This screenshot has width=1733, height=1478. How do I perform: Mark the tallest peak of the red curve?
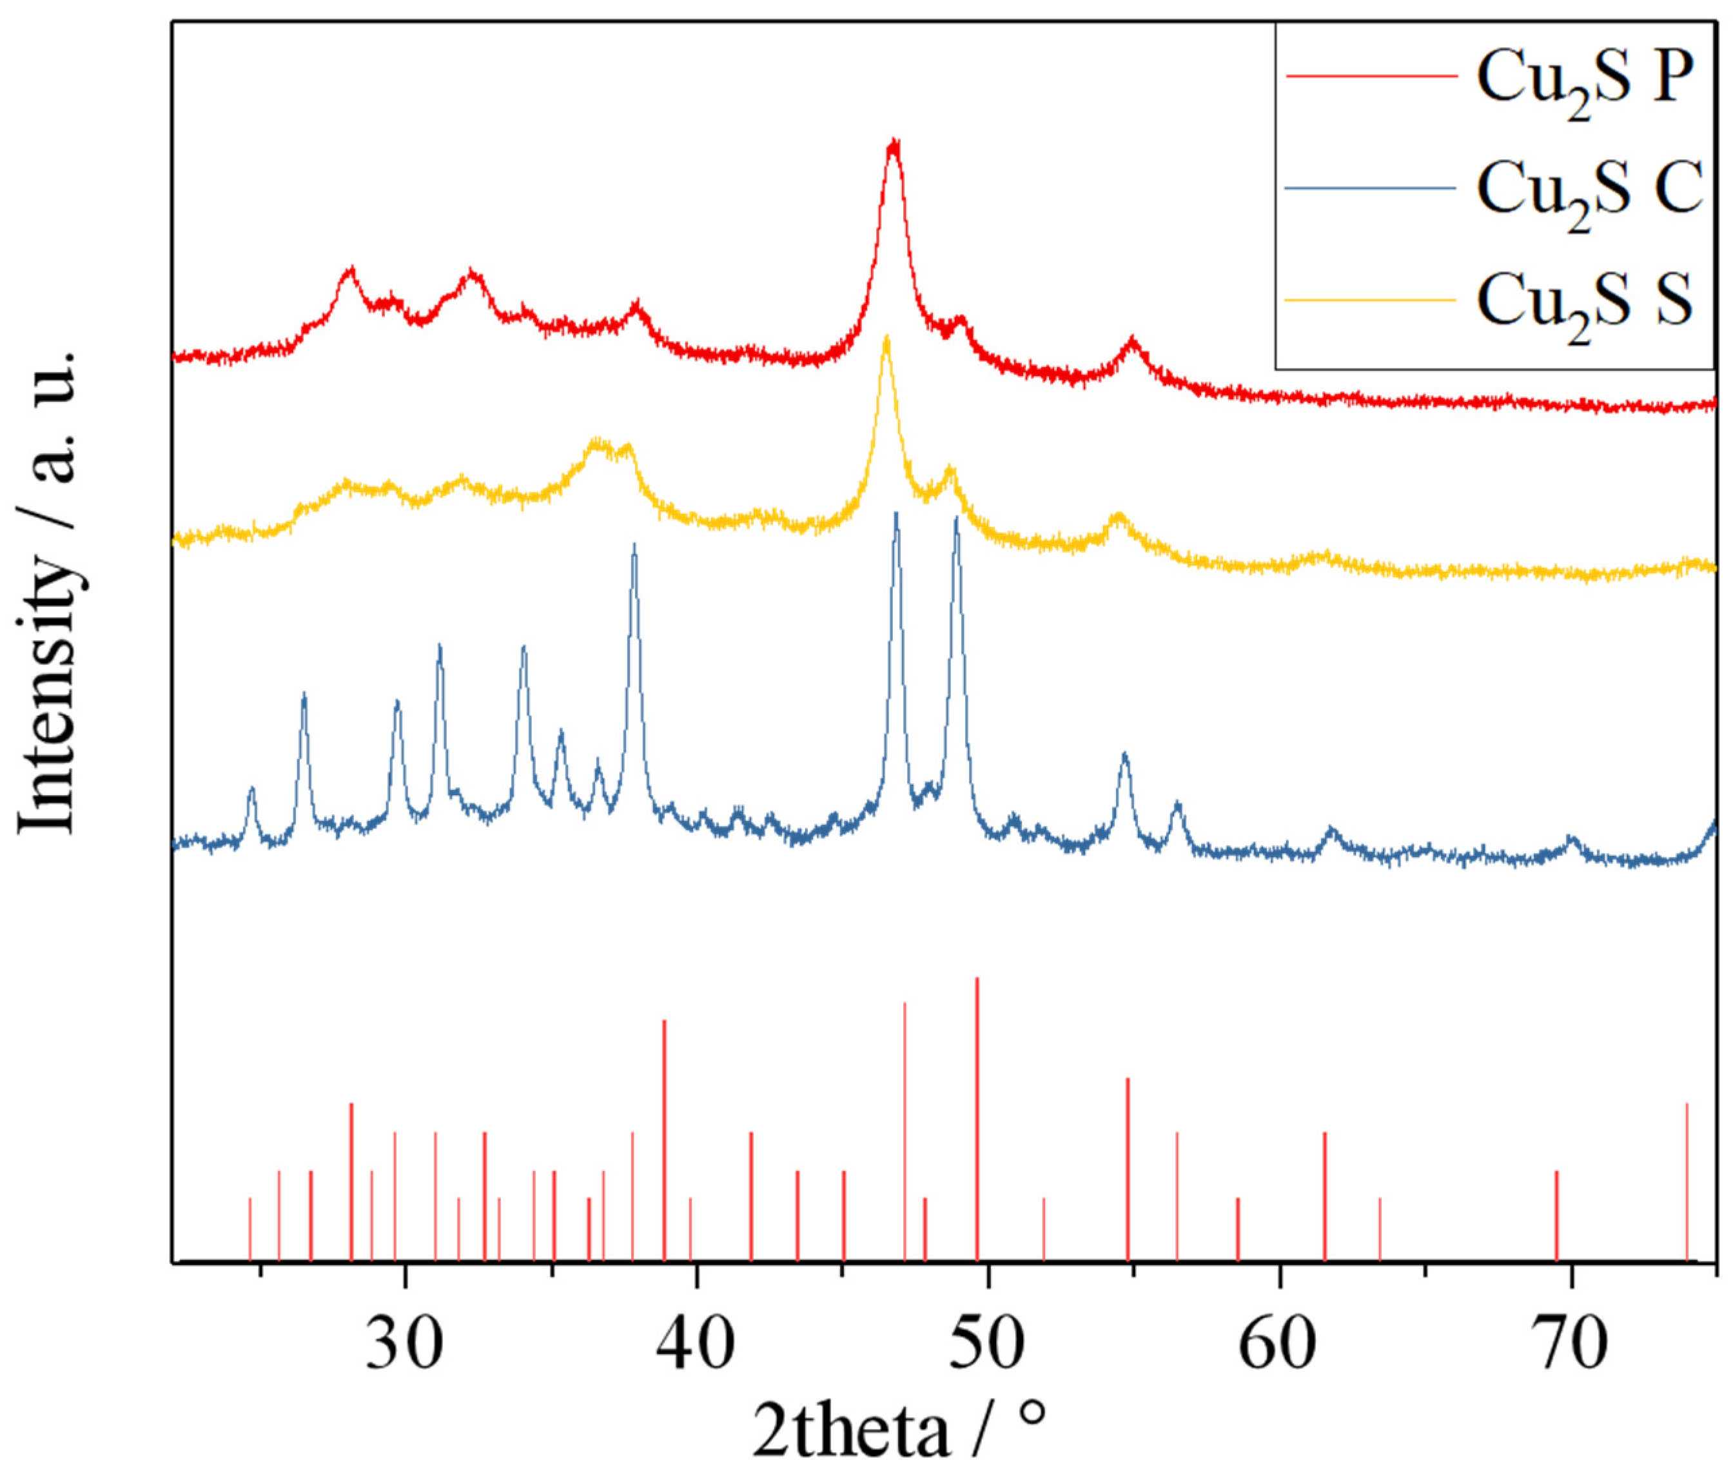[894, 144]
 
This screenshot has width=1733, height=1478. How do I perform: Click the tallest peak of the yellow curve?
[886, 339]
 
